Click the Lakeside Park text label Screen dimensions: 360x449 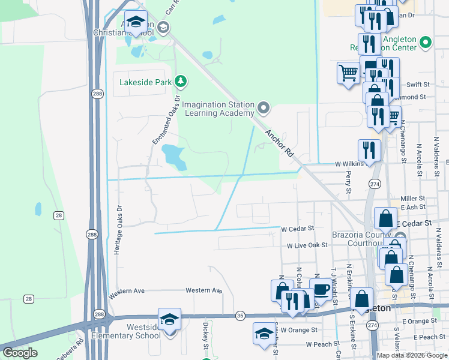[x=145, y=82]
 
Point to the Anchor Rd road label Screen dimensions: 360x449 [x=279, y=144]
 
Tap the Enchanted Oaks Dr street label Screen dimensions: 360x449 [x=166, y=120]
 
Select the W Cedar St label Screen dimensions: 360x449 [x=299, y=229]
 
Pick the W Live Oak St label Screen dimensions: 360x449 [x=307, y=245]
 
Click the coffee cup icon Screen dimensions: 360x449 [x=321, y=289]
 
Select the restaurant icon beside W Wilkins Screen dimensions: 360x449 [x=369, y=150]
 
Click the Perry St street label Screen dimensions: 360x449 [x=348, y=182]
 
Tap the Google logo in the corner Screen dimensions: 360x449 [x=20, y=353]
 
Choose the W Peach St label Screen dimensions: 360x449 [x=319, y=344]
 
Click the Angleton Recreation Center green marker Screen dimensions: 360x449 [x=426, y=43]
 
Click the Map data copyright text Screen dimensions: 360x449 [x=412, y=355]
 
